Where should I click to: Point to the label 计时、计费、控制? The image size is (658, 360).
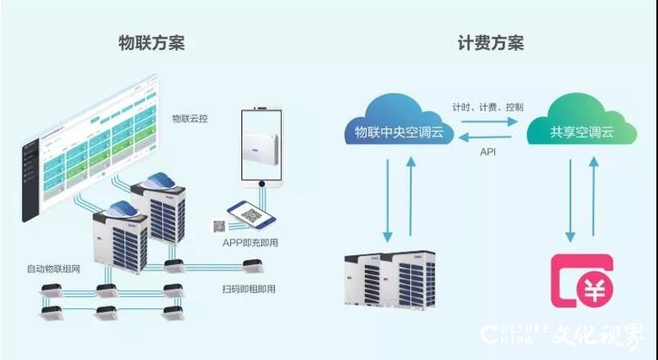(488, 107)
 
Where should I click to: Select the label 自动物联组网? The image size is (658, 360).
(53, 270)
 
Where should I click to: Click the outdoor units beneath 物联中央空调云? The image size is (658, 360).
(390, 280)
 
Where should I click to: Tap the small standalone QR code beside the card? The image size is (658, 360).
(218, 227)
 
